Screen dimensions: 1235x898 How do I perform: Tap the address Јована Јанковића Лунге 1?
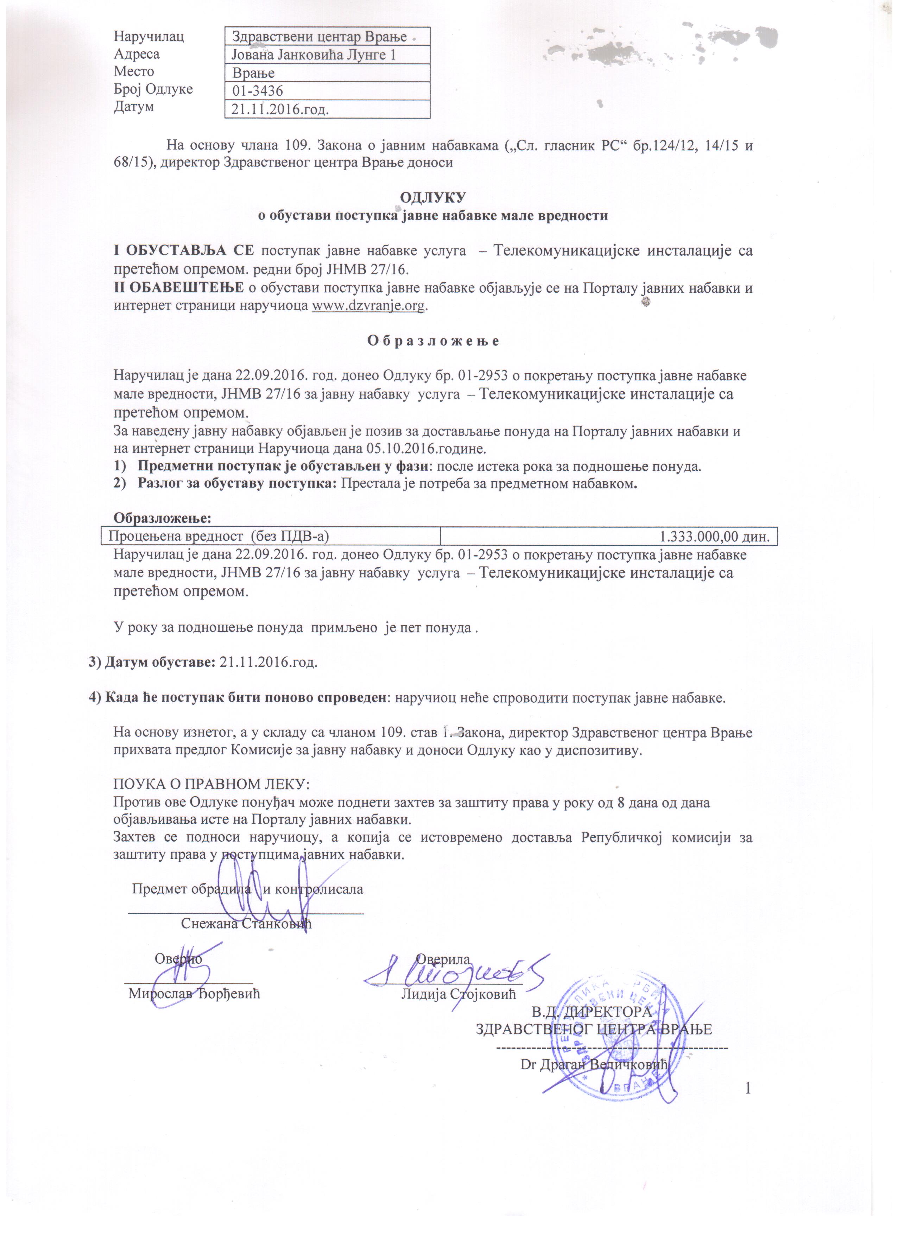(314, 55)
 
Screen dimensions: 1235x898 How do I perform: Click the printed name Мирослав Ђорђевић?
(194, 994)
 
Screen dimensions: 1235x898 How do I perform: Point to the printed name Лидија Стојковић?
(458, 994)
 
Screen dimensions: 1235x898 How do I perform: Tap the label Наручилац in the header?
(148, 37)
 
